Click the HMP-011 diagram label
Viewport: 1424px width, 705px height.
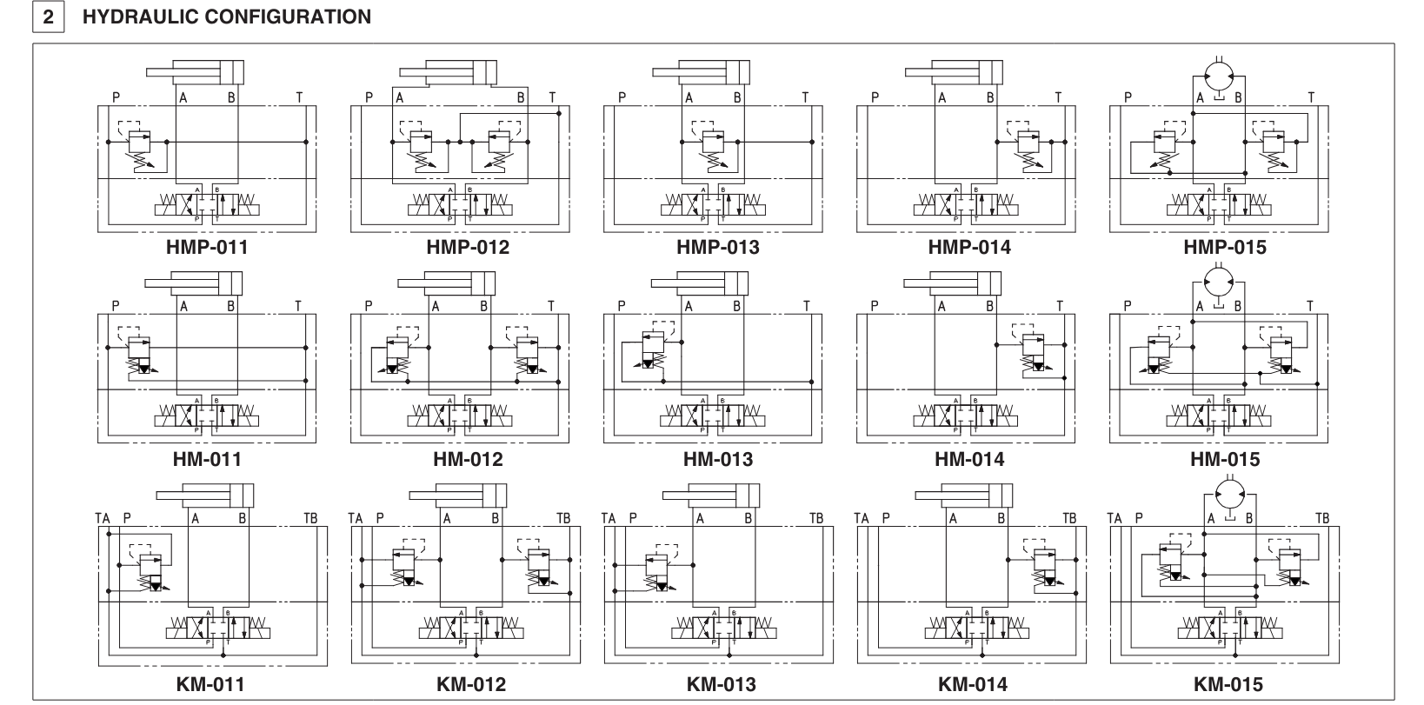click(207, 247)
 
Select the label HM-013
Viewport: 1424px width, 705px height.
click(717, 459)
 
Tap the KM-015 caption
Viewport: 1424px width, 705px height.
click(1228, 684)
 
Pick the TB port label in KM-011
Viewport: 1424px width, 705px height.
click(310, 518)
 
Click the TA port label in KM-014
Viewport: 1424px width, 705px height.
click(862, 518)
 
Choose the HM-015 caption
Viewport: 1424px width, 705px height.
click(1224, 459)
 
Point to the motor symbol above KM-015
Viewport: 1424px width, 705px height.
click(1228, 493)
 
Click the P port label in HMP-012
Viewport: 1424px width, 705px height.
click(369, 98)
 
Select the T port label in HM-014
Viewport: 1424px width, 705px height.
click(1059, 306)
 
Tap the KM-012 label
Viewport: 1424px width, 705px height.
click(470, 684)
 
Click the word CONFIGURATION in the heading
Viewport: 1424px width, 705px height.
click(293, 17)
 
